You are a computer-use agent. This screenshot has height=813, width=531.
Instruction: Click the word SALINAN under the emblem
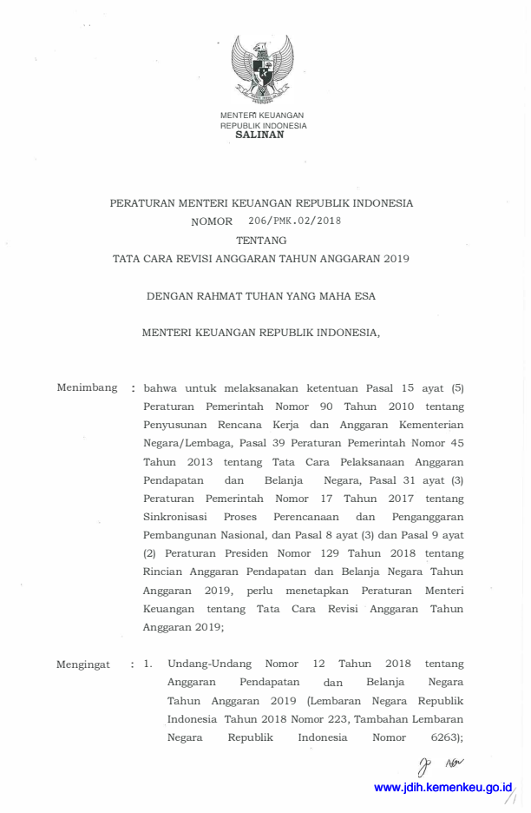point(259,135)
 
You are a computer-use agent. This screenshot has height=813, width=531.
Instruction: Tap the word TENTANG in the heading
point(261,240)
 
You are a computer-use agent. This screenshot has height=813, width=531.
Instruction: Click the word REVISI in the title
point(200,258)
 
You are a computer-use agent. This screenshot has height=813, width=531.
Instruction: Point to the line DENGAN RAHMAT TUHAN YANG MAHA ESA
point(261,296)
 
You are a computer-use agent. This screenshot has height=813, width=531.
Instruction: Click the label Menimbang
point(87,387)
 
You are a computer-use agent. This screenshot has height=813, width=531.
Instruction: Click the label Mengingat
point(83,664)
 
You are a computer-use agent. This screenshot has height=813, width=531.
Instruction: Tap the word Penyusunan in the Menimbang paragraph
point(177,425)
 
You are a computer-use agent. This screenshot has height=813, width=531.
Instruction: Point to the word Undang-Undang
point(209,664)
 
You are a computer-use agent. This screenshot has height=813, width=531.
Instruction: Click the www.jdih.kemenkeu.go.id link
point(443,787)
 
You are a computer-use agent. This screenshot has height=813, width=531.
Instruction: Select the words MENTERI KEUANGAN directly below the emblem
point(262,116)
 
